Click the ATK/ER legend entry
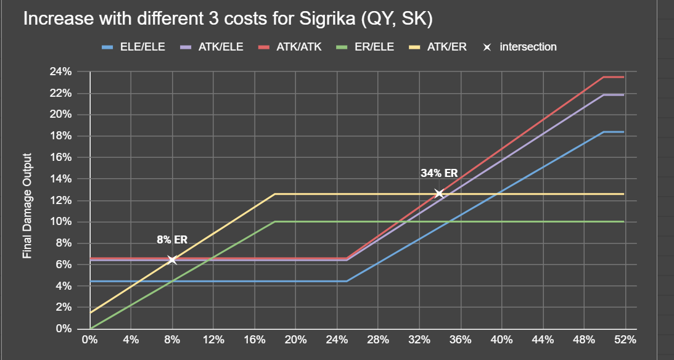pos(445,47)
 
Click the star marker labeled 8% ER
pos(172,260)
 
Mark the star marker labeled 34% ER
pos(439,194)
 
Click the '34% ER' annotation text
pos(439,173)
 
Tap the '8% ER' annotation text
pos(172,240)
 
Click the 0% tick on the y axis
pos(63,329)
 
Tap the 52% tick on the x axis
pos(625,340)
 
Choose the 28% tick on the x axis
pos(378,340)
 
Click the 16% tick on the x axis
pos(254,340)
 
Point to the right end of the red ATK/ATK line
pos(623,77)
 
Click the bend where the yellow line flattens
pos(275,194)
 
